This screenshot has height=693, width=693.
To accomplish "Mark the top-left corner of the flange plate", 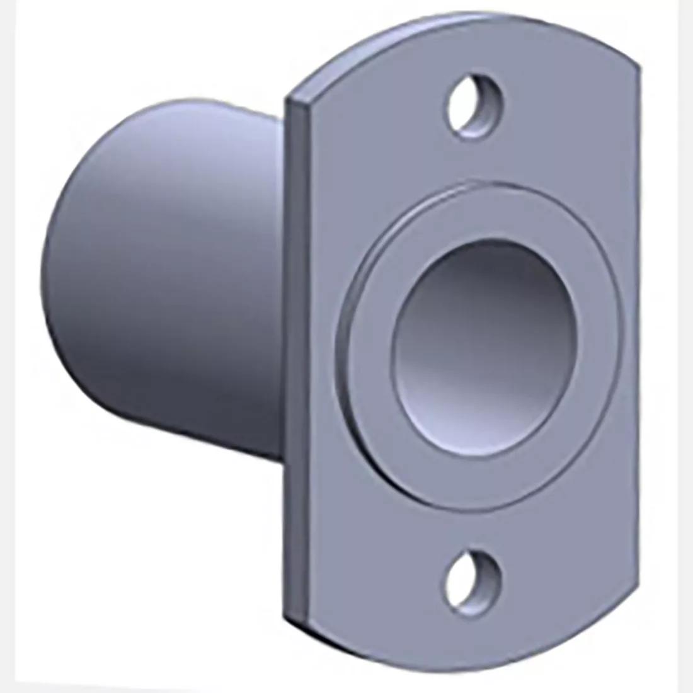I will (290, 100).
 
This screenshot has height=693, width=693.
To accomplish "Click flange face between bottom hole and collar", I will (476, 526).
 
